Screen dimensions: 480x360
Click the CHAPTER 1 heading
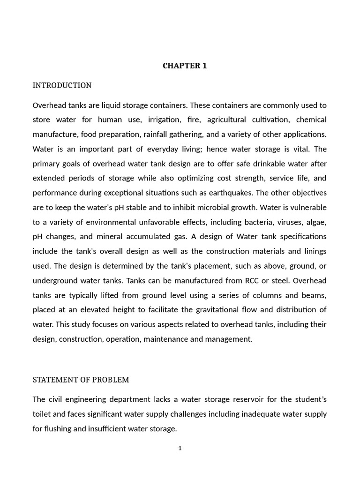point(184,66)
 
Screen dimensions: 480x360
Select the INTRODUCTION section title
point(62,85)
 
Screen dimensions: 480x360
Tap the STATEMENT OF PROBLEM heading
point(81,380)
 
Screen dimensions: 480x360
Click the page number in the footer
point(180,448)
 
